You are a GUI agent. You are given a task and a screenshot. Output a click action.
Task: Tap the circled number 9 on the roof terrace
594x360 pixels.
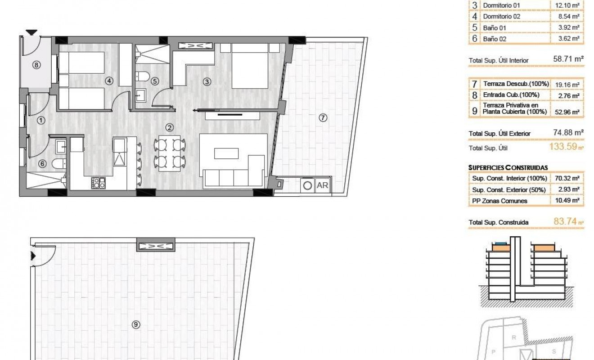(135, 324)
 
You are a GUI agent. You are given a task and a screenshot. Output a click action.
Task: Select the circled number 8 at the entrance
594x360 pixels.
(37, 65)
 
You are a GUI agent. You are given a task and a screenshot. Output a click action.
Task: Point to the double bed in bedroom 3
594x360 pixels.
(250, 67)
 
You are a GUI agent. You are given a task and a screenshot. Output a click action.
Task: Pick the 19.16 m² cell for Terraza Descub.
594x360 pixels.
(567, 84)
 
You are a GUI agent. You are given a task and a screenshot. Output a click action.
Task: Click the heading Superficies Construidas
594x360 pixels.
(508, 167)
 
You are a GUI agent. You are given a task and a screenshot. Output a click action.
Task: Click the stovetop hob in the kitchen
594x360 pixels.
(99, 183)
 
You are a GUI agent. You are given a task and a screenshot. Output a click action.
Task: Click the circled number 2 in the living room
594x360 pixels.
(169, 127)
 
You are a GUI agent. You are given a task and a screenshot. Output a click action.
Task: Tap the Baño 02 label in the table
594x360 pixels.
(495, 39)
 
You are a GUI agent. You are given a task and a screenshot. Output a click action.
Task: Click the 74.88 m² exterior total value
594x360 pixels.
(568, 133)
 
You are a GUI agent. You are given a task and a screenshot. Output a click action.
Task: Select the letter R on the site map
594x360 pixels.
(513, 336)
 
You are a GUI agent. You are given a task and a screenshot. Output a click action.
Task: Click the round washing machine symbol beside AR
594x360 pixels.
(308, 186)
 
